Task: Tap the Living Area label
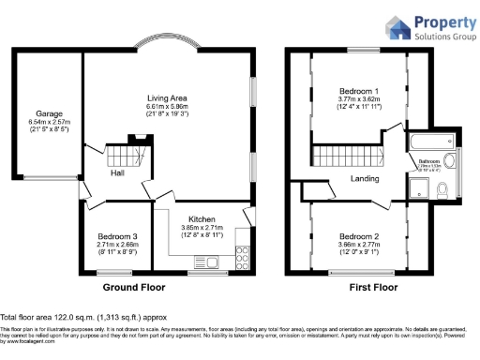click(x=168, y=97)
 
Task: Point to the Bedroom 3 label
click(x=117, y=235)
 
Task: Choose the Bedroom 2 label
click(x=359, y=235)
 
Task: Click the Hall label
click(x=116, y=173)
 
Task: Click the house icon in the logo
click(x=397, y=27)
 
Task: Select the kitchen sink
click(x=247, y=229)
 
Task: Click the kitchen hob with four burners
click(x=242, y=253)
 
